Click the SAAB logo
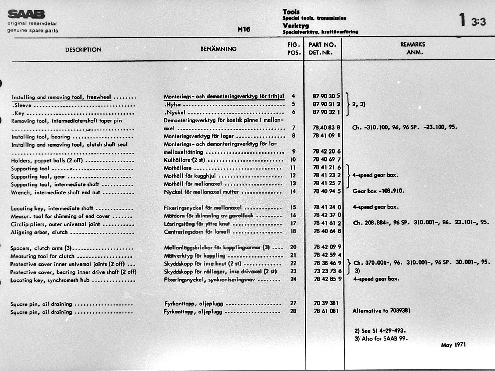point(26,14)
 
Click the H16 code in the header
point(244,29)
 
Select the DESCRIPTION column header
point(83,49)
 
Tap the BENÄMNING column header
point(218,49)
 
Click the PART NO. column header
point(322,45)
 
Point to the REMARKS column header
point(413,44)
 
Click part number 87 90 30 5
point(326,96)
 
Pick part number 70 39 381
point(326,303)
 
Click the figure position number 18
point(293,231)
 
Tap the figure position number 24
point(293,279)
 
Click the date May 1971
point(453,345)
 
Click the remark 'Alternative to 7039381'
point(381,311)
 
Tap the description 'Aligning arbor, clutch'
point(39,232)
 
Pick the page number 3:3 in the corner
point(478,22)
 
